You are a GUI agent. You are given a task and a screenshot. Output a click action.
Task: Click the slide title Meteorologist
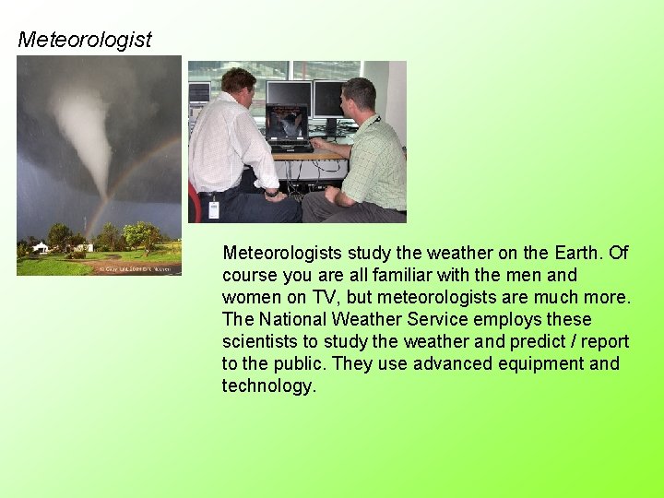(x=85, y=40)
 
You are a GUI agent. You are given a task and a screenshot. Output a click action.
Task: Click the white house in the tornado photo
(x=40, y=247)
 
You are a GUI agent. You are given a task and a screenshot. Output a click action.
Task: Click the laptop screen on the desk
(x=286, y=125)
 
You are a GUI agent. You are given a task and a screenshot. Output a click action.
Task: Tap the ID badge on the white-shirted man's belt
(x=214, y=207)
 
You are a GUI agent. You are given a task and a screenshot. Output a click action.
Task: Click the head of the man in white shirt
(x=238, y=86)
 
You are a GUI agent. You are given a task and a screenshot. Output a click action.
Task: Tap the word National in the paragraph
(x=299, y=319)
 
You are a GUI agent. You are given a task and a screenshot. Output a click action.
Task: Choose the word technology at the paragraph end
(x=268, y=385)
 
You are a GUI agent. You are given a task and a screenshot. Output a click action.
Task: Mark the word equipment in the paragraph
(x=534, y=363)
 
